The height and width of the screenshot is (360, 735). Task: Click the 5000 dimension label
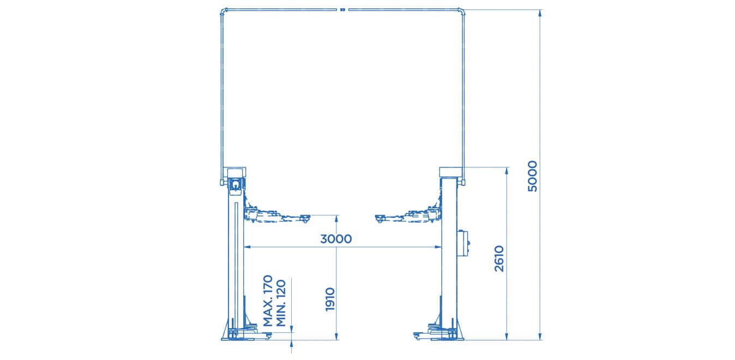tap(533, 176)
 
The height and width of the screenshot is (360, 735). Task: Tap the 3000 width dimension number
tap(336, 239)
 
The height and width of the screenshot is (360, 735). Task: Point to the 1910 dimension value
tap(329, 299)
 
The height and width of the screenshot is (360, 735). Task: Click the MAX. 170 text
tap(268, 301)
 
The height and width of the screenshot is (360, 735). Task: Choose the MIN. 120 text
tap(281, 303)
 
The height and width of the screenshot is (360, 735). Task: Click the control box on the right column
tap(465, 242)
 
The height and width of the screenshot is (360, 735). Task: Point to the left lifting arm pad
tap(303, 218)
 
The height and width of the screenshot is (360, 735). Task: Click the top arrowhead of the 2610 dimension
tap(507, 171)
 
